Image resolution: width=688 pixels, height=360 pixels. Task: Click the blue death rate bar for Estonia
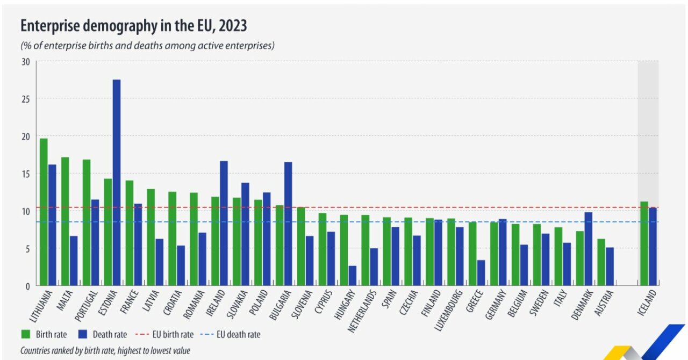click(117, 183)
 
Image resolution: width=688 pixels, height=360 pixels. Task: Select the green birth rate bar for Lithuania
click(44, 212)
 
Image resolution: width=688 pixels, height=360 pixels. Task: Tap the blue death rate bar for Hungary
click(352, 275)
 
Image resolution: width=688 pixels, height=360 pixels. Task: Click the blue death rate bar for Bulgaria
click(288, 224)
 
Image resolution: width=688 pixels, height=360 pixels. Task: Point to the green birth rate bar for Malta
click(65, 221)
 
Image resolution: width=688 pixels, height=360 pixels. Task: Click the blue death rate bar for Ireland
click(224, 223)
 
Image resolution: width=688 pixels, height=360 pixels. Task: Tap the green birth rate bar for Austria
click(601, 262)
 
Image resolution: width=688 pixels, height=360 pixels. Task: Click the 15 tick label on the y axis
click(25, 174)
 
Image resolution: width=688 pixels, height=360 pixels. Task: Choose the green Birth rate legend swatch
click(25, 334)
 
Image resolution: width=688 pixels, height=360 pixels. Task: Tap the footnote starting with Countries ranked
click(105, 350)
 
